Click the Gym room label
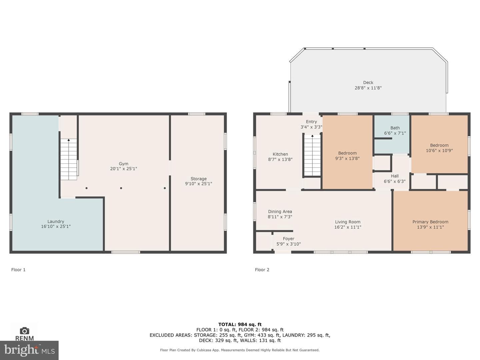[x=124, y=164]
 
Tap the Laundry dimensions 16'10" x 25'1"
[x=56, y=226]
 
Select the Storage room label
[x=199, y=179]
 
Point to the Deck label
[x=368, y=82]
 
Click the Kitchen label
[x=280, y=154]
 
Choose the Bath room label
[x=395, y=128]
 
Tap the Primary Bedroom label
[x=430, y=222]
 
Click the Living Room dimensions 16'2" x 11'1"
[x=348, y=227]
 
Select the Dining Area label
[x=280, y=212]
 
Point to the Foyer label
[x=288, y=239]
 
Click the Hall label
[x=395, y=176]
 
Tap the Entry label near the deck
[x=311, y=122]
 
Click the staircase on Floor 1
[x=69, y=159]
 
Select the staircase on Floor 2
[x=312, y=155]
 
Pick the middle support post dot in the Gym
[x=121, y=188]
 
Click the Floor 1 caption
[x=18, y=270]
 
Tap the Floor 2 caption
[x=262, y=270]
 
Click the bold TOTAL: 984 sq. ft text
[x=240, y=325]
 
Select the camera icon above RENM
[x=24, y=331]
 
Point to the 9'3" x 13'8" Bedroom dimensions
[x=347, y=158]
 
